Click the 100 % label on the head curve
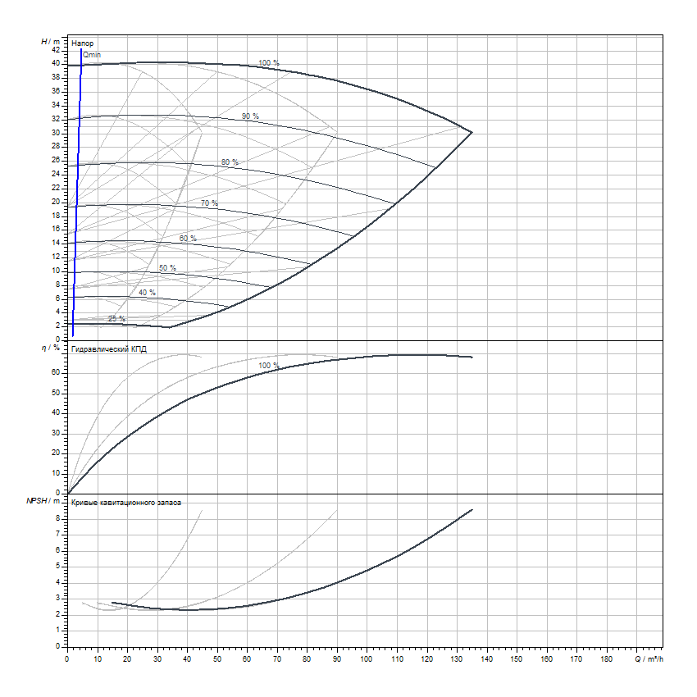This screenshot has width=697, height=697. pyautogui.click(x=269, y=63)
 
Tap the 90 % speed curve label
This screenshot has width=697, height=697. pyautogui.click(x=250, y=116)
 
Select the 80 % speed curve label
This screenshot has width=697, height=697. pyautogui.click(x=230, y=162)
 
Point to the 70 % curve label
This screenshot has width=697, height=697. pyautogui.click(x=209, y=203)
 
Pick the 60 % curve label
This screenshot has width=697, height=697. pyautogui.click(x=188, y=239)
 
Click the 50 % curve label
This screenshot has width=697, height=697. pyautogui.click(x=167, y=268)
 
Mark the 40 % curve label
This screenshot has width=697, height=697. pyautogui.click(x=147, y=293)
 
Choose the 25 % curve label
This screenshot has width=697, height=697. pyautogui.click(x=116, y=318)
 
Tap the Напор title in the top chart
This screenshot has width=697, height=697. pyautogui.click(x=82, y=42)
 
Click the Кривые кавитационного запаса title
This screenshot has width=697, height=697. pyautogui.click(x=126, y=500)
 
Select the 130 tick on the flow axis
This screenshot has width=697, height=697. pyautogui.click(x=457, y=658)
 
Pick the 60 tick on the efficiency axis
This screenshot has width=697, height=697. pyautogui.click(x=56, y=372)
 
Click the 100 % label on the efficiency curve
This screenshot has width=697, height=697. pyautogui.click(x=269, y=366)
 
